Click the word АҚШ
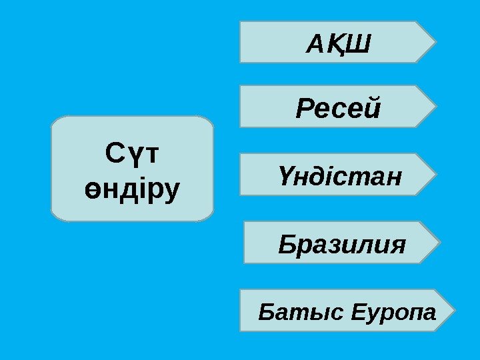point(338,43)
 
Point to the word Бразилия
point(341,244)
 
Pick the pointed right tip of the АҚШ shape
point(436,41)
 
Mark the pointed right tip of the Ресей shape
point(437,105)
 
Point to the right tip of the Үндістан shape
point(438,174)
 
